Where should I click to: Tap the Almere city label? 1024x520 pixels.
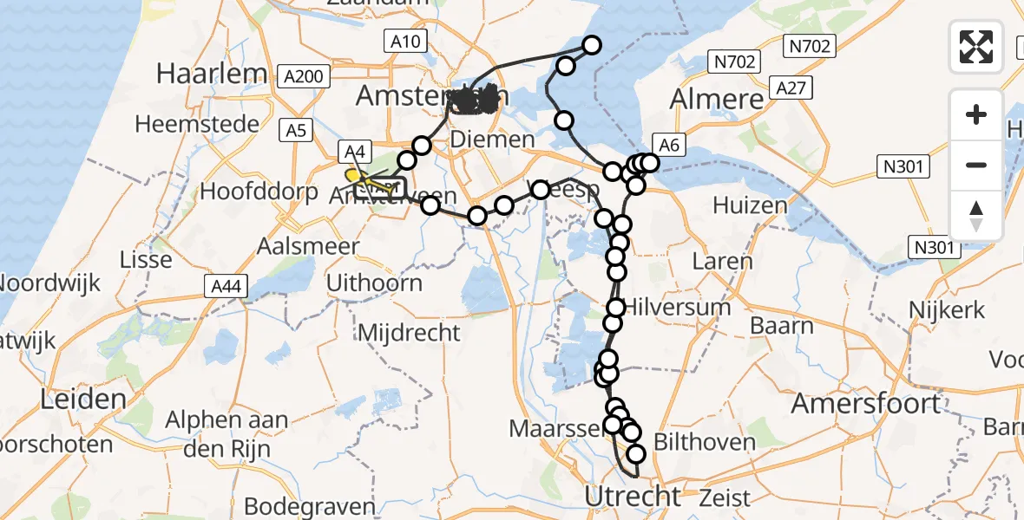coord(717,99)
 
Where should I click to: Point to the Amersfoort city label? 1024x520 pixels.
coord(866,403)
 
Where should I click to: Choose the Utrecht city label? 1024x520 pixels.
coord(633,497)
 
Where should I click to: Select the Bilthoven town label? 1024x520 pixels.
coord(705,442)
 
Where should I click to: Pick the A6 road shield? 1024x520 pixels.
coord(668,146)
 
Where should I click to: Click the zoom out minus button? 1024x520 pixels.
coord(976,165)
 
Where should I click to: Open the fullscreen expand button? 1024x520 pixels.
coord(976,46)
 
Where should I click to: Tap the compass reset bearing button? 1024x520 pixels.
coord(976,215)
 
